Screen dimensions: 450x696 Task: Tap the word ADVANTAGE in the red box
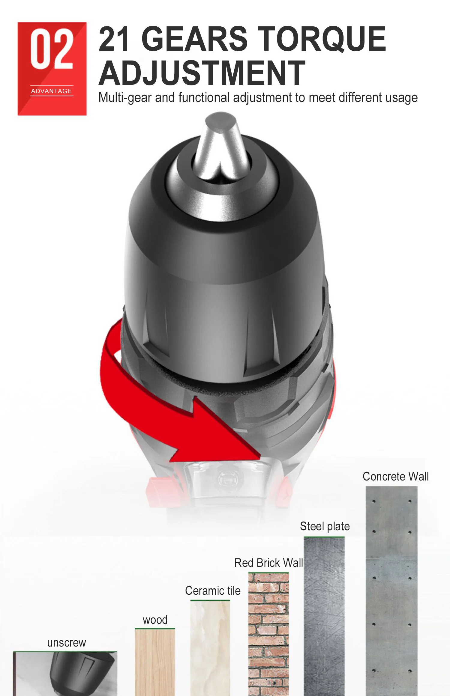[x=52, y=91]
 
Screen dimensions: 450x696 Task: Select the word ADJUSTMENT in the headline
[x=202, y=73]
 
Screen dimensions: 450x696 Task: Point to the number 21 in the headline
[x=115, y=39]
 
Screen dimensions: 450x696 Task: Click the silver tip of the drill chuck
[x=220, y=144]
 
